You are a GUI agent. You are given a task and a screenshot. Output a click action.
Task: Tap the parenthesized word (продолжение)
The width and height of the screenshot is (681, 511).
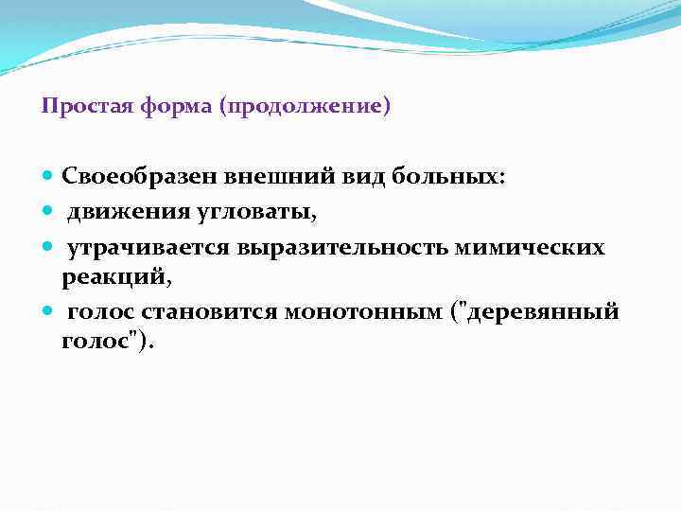coord(304,107)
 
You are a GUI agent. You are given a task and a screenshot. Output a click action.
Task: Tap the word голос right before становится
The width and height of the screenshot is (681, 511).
coord(98,312)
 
